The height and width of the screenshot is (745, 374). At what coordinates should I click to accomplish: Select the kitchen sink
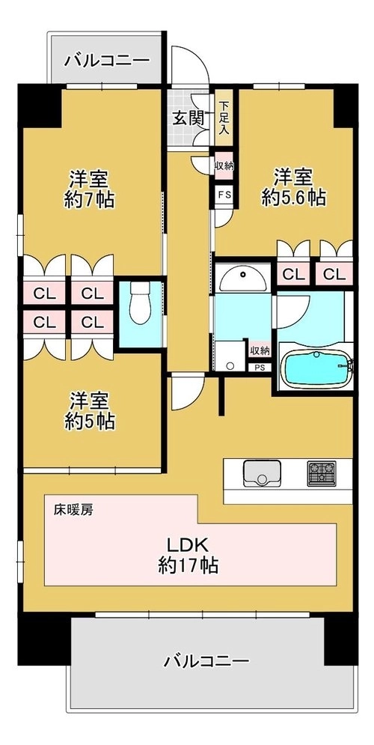262,473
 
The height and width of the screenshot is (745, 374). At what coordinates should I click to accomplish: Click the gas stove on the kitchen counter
322,473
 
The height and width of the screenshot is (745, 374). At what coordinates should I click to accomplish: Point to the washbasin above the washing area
243,279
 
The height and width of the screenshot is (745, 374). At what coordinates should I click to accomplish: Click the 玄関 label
188,119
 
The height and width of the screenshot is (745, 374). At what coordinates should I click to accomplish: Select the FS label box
223,195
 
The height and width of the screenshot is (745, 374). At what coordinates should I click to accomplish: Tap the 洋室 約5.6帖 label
294,186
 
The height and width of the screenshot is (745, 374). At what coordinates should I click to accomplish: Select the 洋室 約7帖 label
90,189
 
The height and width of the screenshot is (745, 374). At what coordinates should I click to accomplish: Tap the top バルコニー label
107,61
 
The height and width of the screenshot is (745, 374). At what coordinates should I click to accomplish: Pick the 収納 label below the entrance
224,165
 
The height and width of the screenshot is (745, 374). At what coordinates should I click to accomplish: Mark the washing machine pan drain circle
230,366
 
